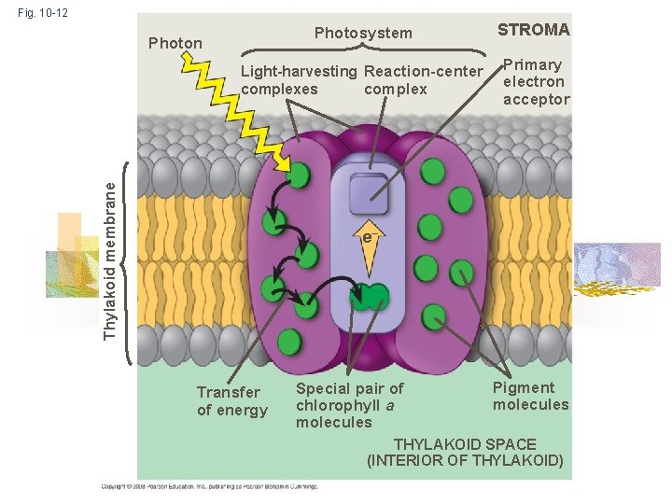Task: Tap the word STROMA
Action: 533,30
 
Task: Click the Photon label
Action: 175,43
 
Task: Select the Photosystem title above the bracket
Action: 363,34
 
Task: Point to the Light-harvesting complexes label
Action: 298,80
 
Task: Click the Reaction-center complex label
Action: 423,80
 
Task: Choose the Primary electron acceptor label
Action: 536,82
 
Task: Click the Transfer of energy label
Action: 231,401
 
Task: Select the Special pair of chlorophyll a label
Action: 349,405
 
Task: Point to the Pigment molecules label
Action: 530,396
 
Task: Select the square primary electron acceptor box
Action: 368,195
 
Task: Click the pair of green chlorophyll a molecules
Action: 370,298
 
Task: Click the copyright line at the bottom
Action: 210,486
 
